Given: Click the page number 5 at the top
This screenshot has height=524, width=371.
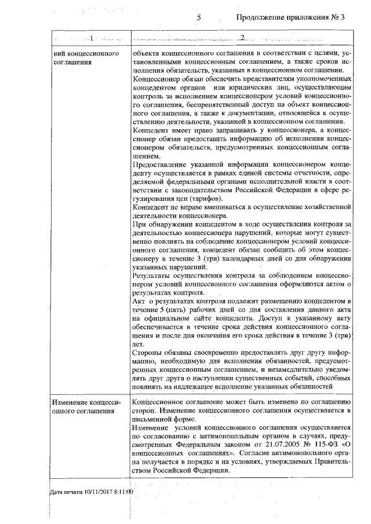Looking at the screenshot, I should (x=199, y=17).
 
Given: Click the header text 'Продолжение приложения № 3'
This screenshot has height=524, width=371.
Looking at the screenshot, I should (x=290, y=17).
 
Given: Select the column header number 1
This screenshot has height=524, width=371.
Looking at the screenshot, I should (x=91, y=38).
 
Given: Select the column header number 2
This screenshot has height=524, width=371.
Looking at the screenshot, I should (x=242, y=38).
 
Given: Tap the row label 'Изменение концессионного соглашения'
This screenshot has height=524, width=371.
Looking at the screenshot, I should (x=86, y=406).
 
